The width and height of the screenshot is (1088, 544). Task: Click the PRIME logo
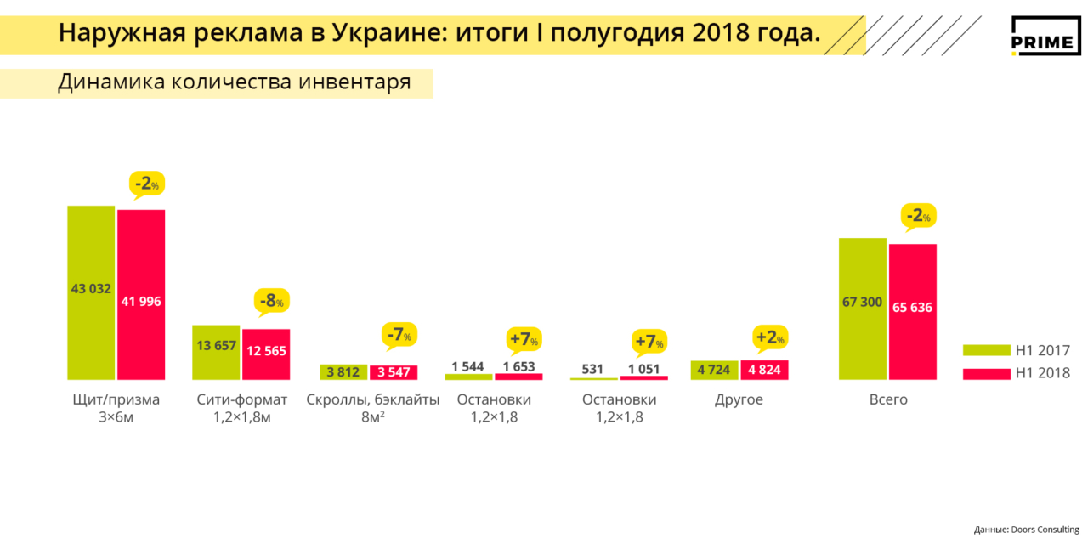point(1045,36)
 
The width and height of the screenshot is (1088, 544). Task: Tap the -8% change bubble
point(271,301)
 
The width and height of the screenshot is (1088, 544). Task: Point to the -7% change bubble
point(399,335)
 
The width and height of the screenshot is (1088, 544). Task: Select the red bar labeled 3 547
point(394,371)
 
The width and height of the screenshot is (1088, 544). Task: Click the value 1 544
point(467,366)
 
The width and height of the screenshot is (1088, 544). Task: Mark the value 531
point(593,369)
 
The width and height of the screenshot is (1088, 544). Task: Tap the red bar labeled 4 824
point(764,370)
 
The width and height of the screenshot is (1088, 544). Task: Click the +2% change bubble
point(770,337)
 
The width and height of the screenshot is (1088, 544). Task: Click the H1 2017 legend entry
point(1016,350)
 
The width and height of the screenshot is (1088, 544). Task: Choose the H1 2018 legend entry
point(1016,373)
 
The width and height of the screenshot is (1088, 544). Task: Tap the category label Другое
point(739,399)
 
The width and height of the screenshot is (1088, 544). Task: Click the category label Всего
point(888,399)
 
